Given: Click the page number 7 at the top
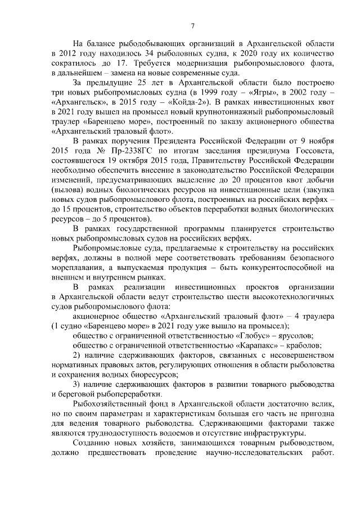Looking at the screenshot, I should [x=193, y=25].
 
